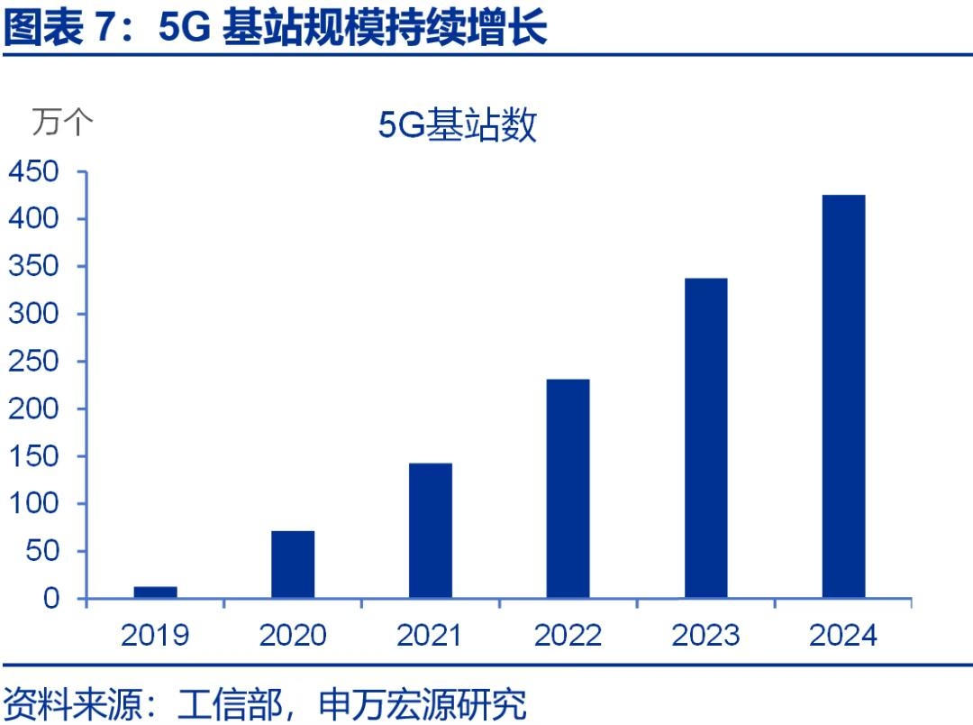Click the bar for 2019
pyautogui.click(x=155, y=592)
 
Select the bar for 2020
pyautogui.click(x=293, y=564)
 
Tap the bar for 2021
pyautogui.click(x=431, y=530)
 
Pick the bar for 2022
pyautogui.click(x=568, y=488)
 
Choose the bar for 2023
pyautogui.click(x=705, y=437)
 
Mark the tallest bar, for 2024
pyautogui.click(x=843, y=396)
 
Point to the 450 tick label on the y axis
pyautogui.click(x=33, y=171)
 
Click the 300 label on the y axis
pyautogui.click(x=33, y=314)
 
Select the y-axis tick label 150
pyautogui.click(x=33, y=456)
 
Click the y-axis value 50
pyautogui.click(x=41, y=551)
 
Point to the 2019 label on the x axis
pyautogui.click(x=155, y=635)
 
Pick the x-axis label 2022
pyautogui.click(x=568, y=635)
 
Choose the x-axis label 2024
pyautogui.click(x=843, y=635)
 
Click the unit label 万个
pyautogui.click(x=62, y=121)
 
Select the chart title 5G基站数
pyautogui.click(x=457, y=125)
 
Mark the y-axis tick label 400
pyautogui.click(x=33, y=219)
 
